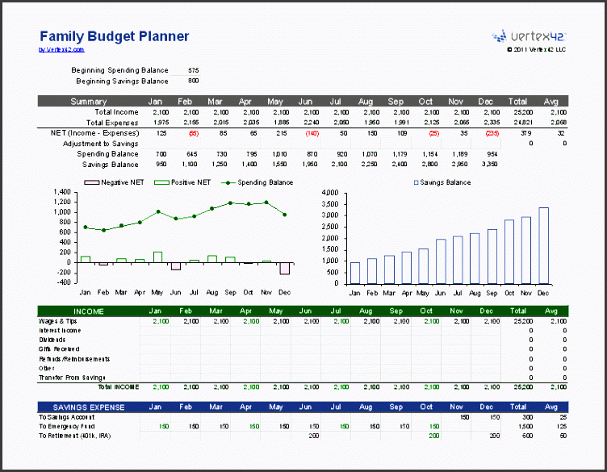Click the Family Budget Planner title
point(114,36)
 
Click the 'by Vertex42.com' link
point(61,50)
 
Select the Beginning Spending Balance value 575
point(193,70)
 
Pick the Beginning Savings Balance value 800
point(193,81)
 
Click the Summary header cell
point(88,102)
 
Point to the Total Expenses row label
point(115,122)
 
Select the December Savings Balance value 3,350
point(488,164)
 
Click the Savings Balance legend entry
point(442,182)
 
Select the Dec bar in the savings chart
point(543,245)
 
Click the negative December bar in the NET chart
point(285,268)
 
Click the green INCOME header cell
point(88,311)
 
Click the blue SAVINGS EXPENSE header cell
point(88,407)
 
